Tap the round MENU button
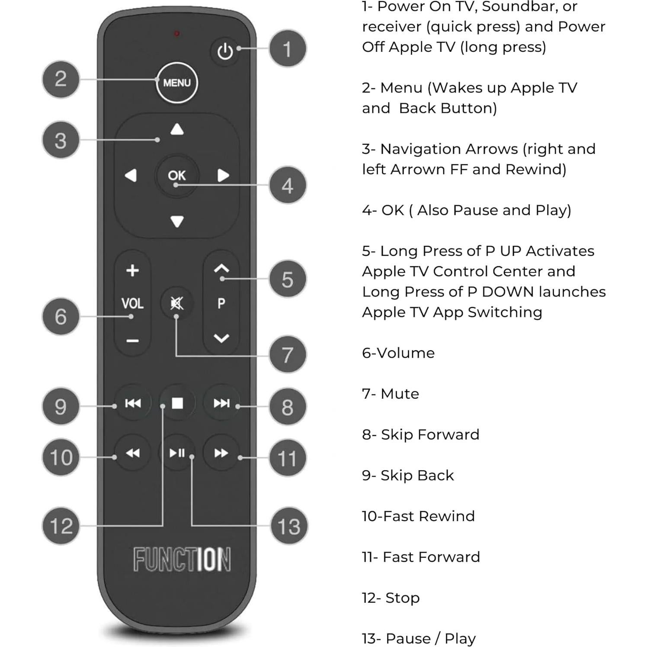176,82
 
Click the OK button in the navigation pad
176,175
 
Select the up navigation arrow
177,129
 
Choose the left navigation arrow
131,175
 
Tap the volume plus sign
132,271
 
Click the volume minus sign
132,341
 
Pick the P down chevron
221,338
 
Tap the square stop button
177,403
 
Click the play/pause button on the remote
177,453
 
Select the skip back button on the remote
133,403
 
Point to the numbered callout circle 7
288,355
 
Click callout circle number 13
288,526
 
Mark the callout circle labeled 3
61,140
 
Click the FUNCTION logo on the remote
182,559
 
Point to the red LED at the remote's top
176,33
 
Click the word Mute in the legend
400,394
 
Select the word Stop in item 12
402,598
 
